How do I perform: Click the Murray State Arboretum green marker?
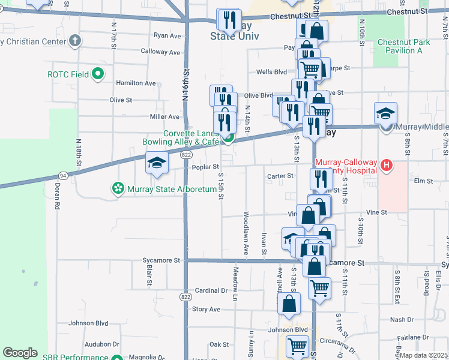tap(118, 190)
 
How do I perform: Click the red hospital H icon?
tap(387, 165)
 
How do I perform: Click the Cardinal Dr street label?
tap(211, 290)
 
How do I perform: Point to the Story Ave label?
tap(206, 309)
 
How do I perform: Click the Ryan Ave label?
tap(167, 36)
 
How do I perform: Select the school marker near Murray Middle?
tap(385, 114)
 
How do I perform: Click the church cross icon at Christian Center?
tap(74, 41)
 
